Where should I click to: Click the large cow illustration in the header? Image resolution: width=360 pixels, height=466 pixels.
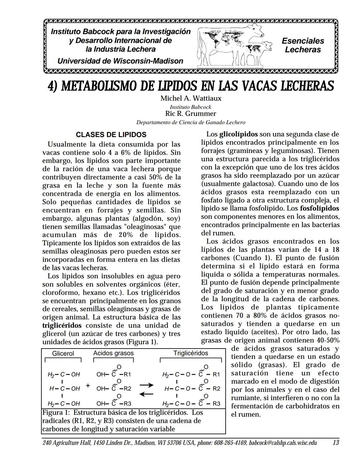[x=230, y=42]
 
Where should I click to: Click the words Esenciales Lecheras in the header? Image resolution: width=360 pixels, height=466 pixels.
[x=303, y=45]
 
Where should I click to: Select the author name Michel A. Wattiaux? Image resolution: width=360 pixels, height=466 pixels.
[x=191, y=98]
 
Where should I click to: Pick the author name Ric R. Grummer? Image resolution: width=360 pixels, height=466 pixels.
[x=191, y=113]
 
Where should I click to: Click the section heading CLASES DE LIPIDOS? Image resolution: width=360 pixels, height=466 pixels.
[x=111, y=135]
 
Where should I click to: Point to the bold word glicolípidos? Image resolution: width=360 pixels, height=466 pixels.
[x=238, y=134]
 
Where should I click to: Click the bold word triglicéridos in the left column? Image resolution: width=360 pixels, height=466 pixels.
[x=62, y=325]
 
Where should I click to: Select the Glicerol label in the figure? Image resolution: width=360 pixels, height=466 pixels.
[x=63, y=354]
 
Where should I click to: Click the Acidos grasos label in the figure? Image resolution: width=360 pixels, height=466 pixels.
[x=113, y=353]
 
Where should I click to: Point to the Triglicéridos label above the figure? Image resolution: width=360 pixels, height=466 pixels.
[x=191, y=353]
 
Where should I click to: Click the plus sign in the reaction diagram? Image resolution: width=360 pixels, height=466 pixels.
[x=88, y=386]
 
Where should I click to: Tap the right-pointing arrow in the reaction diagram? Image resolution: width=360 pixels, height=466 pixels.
[x=146, y=385]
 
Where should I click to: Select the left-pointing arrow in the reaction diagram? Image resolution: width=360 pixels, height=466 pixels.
[x=146, y=394]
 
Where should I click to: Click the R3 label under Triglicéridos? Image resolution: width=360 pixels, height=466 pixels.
[x=216, y=404]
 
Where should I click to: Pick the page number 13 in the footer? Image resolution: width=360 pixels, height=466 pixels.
[x=336, y=443]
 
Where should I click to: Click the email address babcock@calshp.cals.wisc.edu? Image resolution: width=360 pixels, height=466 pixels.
[x=283, y=443]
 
